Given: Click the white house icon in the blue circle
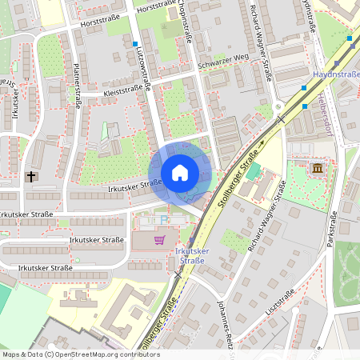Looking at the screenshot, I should pyautogui.click(x=180, y=173).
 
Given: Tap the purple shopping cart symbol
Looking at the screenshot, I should pyautogui.click(x=160, y=238).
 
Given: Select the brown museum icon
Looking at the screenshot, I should pyautogui.click(x=318, y=169).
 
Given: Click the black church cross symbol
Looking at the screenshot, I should pyautogui.click(x=32, y=176).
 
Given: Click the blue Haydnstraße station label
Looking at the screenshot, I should pyautogui.click(x=336, y=74).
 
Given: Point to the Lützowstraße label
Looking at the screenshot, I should pyautogui.click(x=146, y=66).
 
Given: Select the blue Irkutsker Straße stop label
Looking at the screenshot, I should pyautogui.click(x=192, y=256).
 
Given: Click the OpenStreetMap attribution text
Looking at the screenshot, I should pyautogui.click(x=80, y=354).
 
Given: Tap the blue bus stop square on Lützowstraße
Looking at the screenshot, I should pyautogui.click(x=135, y=44).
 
